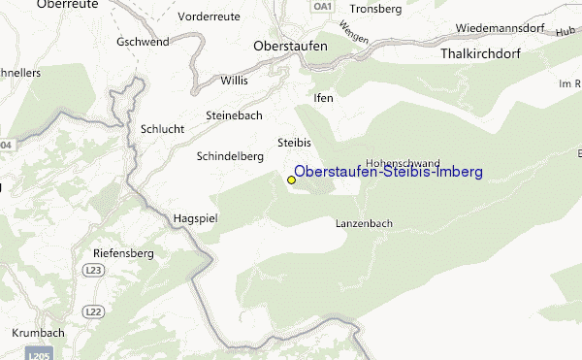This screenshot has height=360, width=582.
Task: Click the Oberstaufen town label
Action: tap(289, 46)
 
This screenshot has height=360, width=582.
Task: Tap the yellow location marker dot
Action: tap(291, 180)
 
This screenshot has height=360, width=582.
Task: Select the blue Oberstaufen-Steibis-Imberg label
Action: tap(388, 172)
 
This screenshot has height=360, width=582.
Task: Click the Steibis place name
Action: tap(294, 142)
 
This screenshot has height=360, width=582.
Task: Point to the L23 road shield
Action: tap(94, 269)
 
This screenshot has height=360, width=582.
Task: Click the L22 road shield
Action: tap(94, 311)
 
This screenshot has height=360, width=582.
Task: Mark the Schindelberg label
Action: tap(230, 156)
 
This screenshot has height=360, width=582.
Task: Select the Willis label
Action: tap(235, 81)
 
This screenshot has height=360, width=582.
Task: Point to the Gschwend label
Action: tap(143, 43)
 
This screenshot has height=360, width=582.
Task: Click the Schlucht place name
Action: tap(162, 128)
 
